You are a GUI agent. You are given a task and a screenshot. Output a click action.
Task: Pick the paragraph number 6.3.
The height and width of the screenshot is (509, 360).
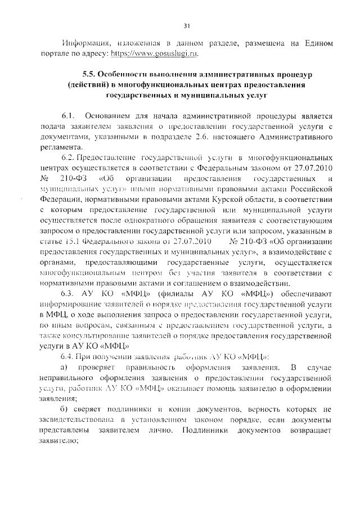pos(69,293)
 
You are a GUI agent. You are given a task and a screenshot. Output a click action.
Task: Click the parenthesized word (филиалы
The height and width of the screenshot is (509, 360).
pos(159,293)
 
